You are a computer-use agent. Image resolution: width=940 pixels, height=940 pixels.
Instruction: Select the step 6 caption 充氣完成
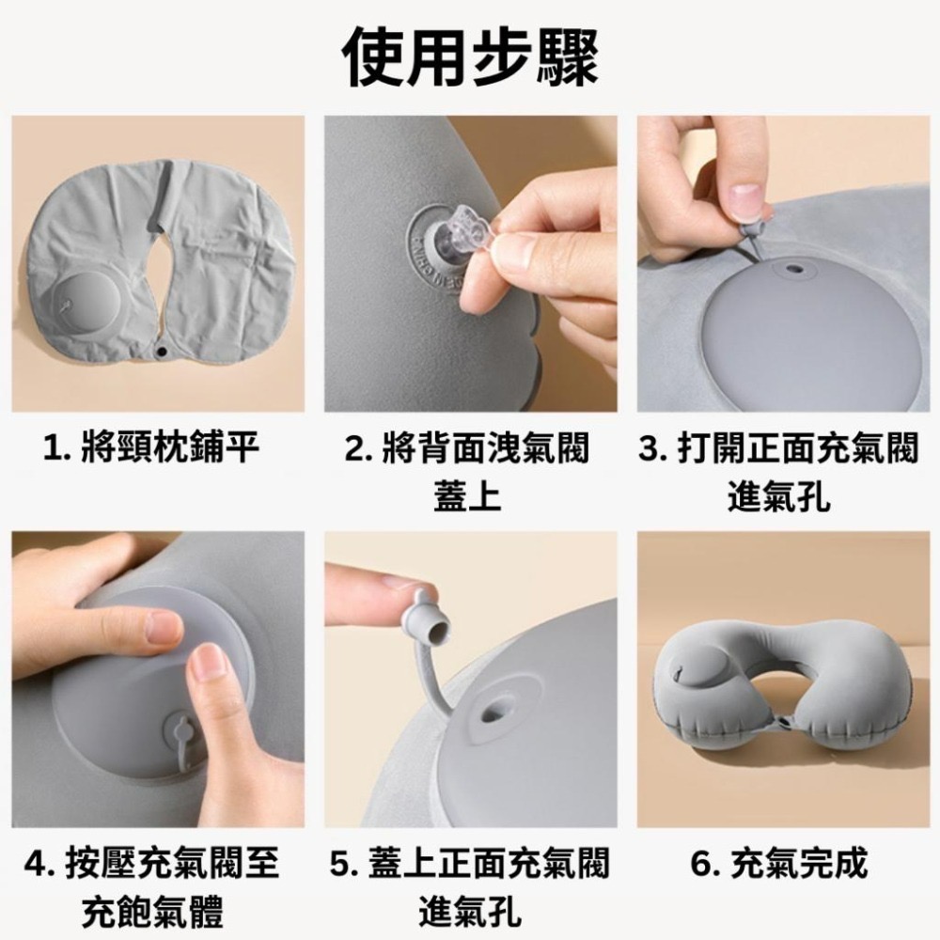[779, 863]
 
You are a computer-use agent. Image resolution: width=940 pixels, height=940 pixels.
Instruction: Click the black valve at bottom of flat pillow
[161, 352]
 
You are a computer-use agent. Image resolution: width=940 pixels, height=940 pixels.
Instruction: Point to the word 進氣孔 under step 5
[469, 911]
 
